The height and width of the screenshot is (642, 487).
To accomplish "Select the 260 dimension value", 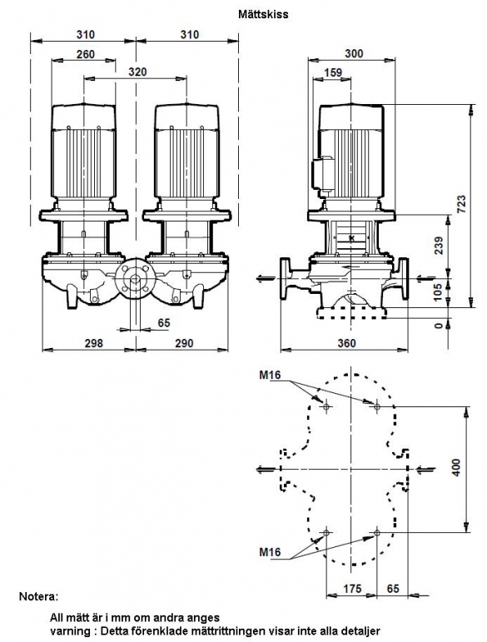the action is pyautogui.click(x=86, y=54).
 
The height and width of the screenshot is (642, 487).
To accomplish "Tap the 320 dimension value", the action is pyautogui.click(x=137, y=72).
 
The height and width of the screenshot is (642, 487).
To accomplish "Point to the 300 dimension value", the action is pyautogui.click(x=354, y=53).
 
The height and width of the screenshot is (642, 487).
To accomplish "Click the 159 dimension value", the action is pyautogui.click(x=333, y=72).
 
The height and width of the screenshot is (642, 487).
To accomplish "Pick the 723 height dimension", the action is pyautogui.click(x=461, y=204).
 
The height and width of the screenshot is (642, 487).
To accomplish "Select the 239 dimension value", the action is pyautogui.click(x=439, y=246).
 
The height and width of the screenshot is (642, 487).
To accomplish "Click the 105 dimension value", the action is pyautogui.click(x=438, y=292).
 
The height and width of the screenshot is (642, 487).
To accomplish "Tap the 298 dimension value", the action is pyautogui.click(x=93, y=343).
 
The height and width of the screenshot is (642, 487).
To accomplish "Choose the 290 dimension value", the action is pyautogui.click(x=184, y=343).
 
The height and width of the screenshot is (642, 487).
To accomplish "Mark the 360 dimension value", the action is pyautogui.click(x=346, y=343).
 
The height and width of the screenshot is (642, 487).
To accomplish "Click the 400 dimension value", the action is pyautogui.click(x=457, y=467).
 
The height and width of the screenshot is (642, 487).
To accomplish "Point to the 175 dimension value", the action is pyautogui.click(x=352, y=589).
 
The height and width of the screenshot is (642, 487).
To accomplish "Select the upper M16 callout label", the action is pyautogui.click(x=270, y=375).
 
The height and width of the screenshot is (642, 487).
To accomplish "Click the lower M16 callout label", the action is pyautogui.click(x=270, y=552).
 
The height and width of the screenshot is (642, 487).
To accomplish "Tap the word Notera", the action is pyautogui.click(x=39, y=596).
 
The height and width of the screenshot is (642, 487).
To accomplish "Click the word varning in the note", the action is pyautogui.click(x=67, y=631).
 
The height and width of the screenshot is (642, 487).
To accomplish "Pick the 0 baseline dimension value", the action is pyautogui.click(x=439, y=325).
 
